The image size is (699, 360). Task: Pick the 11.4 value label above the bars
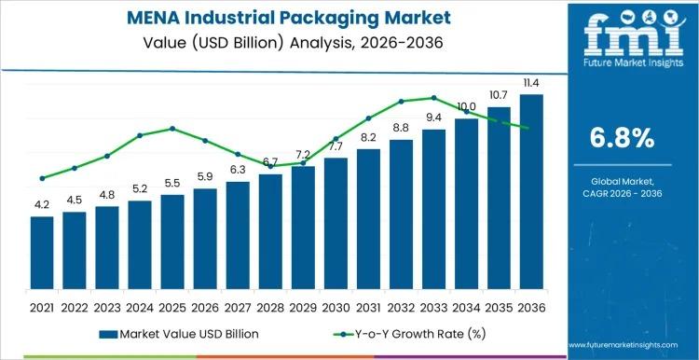[x=531, y=83]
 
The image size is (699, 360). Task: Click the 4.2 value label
[x=42, y=204]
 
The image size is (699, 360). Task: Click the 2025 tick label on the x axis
[x=172, y=307]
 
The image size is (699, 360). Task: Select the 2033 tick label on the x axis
[x=433, y=307]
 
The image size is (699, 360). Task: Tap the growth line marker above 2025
[x=172, y=129]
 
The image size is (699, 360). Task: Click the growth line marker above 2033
[x=433, y=97]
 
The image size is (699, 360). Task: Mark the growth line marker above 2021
[x=42, y=178]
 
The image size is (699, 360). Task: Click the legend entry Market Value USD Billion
[x=176, y=334]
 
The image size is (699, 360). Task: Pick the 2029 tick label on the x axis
[x=303, y=307]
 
